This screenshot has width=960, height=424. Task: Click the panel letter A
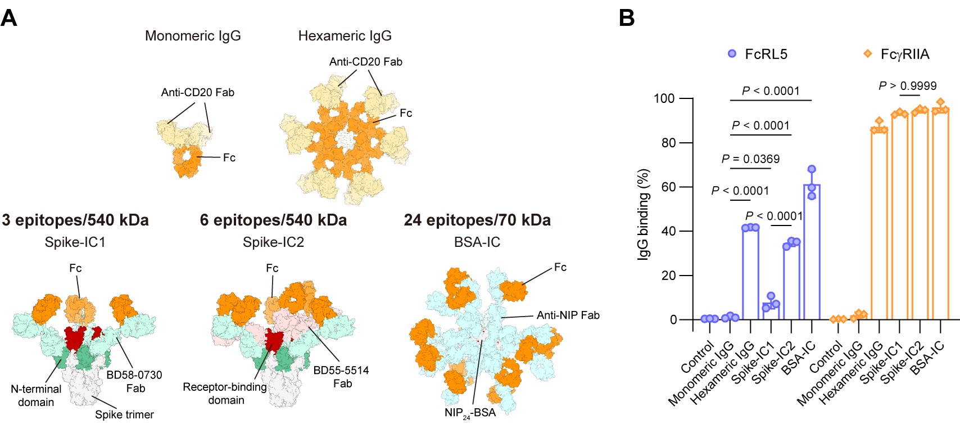coord(9,18)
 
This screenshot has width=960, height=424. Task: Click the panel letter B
coord(627,18)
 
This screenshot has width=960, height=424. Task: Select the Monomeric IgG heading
coord(193,36)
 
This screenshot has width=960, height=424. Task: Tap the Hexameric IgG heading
coord(345,36)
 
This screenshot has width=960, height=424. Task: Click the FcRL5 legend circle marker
coord(732,54)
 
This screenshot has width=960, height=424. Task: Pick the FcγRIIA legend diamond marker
coord(868,54)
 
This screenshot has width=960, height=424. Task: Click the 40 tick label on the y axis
coord(668,231)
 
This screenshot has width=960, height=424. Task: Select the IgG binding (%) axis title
coord(643,214)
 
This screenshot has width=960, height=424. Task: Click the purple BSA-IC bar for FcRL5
coord(812,253)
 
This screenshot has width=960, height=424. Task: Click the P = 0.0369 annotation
coord(750,159)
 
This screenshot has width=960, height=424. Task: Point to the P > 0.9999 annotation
coord(908,86)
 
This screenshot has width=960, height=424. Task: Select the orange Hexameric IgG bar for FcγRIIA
coord(879,225)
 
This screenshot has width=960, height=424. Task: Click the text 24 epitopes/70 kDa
coord(477,220)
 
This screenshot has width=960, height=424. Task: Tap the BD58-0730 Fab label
coord(134,381)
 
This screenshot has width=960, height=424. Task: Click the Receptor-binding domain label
coord(225,394)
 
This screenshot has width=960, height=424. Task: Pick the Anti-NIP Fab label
coord(568,315)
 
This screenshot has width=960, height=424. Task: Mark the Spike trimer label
coord(124,414)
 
